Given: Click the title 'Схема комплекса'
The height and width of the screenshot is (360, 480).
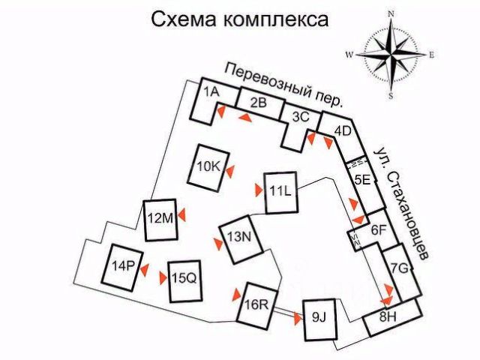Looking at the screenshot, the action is pos(240,19).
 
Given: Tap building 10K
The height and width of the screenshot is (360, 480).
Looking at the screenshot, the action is pos(209,164).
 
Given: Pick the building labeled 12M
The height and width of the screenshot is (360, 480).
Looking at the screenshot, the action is pos(160,219).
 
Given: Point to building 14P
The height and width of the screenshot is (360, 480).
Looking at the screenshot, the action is pos(123,265).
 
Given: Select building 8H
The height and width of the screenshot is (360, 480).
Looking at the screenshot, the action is pos(387,318).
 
